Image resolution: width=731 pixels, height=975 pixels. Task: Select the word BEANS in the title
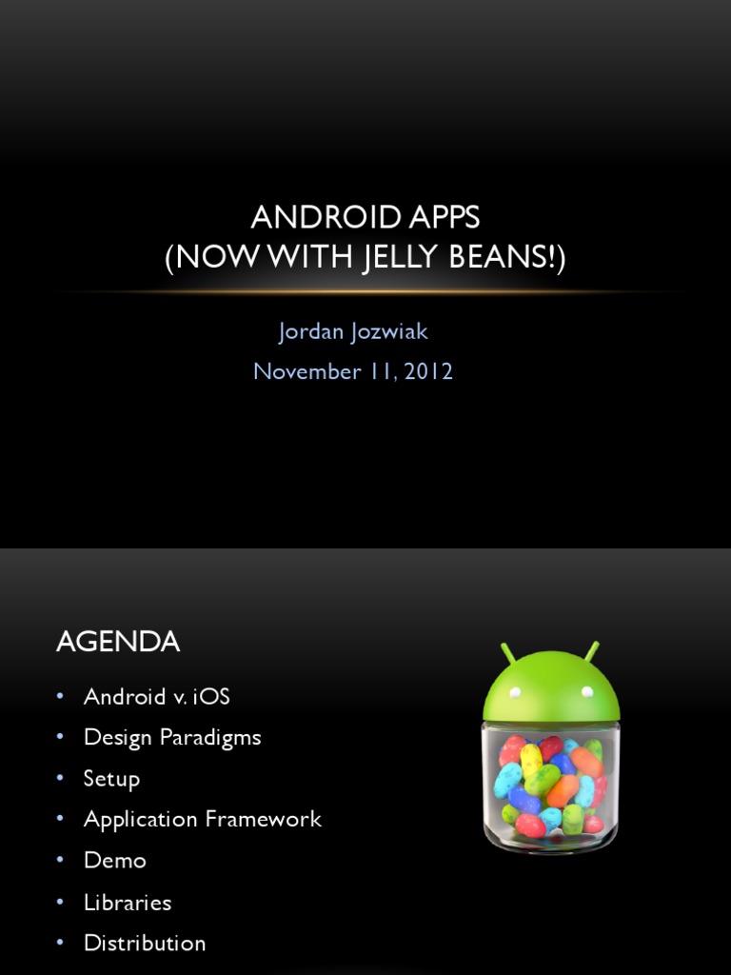pos(498,256)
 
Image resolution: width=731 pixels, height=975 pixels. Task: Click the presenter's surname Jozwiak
pos(389,331)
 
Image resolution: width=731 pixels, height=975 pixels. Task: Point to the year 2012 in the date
pos(428,372)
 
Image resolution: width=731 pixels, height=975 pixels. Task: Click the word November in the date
pos(307,372)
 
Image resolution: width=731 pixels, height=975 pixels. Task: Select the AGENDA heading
pos(118,641)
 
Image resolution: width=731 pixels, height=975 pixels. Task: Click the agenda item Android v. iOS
pos(157,696)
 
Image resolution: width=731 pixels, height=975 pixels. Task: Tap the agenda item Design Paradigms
pos(172,738)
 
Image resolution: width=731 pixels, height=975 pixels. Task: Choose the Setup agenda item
pos(112,779)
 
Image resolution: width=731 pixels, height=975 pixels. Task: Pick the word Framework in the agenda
pos(263,819)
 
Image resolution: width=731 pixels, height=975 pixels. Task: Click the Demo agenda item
pos(115,860)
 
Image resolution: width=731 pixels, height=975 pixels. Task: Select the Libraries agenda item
pos(128,902)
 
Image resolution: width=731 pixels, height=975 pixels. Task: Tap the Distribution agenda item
pos(145,943)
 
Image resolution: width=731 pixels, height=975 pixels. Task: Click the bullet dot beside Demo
pos(60,860)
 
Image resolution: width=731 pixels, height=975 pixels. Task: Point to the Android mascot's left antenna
pos(508,653)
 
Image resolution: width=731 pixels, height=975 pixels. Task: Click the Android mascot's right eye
pos(586,691)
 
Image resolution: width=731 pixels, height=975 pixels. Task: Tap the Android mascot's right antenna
pos(592,651)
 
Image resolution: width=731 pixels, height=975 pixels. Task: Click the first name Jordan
pos(311,331)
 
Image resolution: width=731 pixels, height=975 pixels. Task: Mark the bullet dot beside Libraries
pos(60,901)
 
